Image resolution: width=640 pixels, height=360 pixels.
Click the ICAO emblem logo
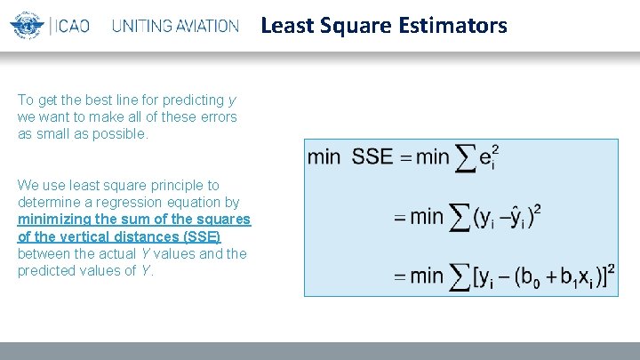[28, 25]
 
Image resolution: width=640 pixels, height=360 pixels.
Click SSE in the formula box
[372, 157]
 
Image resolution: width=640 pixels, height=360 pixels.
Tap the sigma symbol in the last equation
[460, 277]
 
